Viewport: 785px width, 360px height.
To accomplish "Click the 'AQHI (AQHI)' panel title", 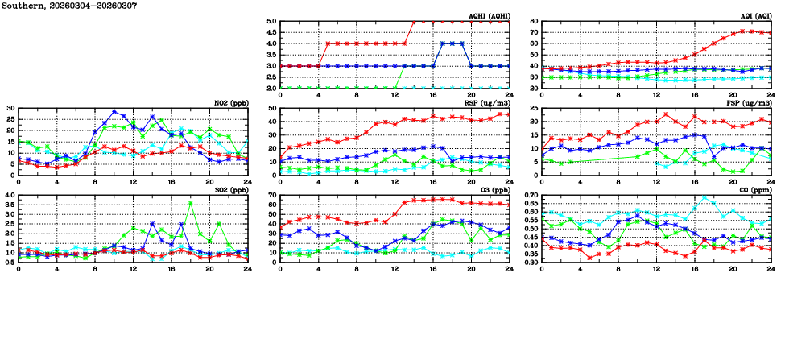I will (486, 16).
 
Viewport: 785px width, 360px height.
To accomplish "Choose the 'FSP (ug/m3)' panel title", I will (749, 103).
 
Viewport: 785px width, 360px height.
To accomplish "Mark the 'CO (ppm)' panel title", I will (754, 190).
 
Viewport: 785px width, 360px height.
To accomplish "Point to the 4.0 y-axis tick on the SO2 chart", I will (10, 196).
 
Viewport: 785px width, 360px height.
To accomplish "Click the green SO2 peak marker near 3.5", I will (191, 203).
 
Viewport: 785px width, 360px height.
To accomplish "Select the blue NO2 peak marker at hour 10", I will (114, 112).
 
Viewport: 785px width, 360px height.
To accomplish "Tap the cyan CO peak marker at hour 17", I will (704, 197).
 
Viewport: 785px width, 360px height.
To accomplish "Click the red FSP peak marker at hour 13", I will (666, 114).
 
